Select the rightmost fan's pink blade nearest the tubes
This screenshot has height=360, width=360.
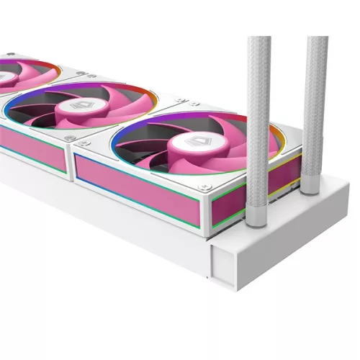(x=245, y=144)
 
